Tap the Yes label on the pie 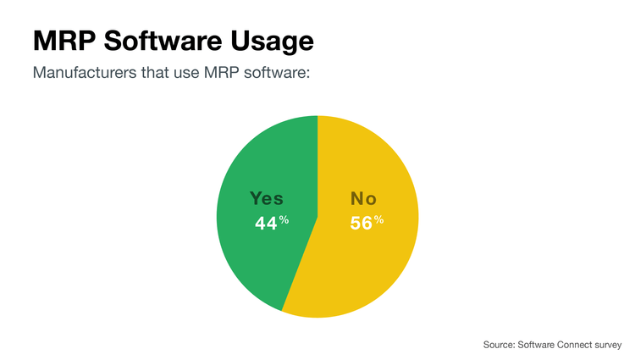266,199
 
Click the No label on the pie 363,199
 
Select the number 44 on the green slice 266,224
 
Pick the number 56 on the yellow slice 362,224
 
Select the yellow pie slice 373,271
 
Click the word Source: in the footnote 500,345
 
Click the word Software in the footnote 537,345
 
